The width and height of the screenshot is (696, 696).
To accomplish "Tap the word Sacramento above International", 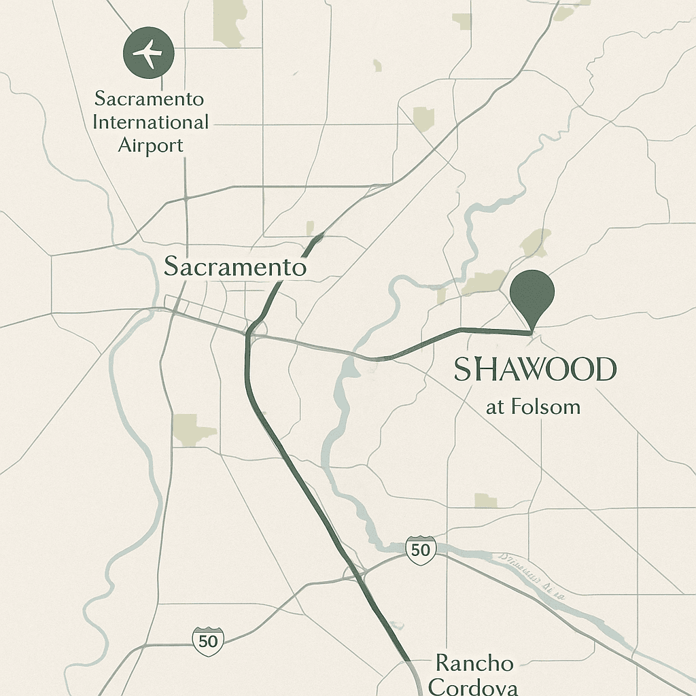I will point(149,99).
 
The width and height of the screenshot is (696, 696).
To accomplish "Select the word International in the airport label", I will point(150,123).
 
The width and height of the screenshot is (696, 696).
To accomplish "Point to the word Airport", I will point(150,145).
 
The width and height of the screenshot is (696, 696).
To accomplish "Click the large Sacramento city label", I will point(235,266).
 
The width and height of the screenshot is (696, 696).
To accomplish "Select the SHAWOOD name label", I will point(534,370).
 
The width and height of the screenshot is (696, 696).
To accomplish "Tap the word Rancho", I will point(474,663).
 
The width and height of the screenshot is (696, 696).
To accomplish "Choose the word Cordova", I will point(473,686).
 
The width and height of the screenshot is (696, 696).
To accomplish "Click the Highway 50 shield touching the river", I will point(420,549).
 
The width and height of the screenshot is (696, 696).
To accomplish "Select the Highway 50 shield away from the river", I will point(208,640).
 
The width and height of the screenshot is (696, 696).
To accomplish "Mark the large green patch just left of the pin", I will point(484,283).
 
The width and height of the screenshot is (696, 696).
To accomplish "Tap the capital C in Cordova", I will point(439,686).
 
